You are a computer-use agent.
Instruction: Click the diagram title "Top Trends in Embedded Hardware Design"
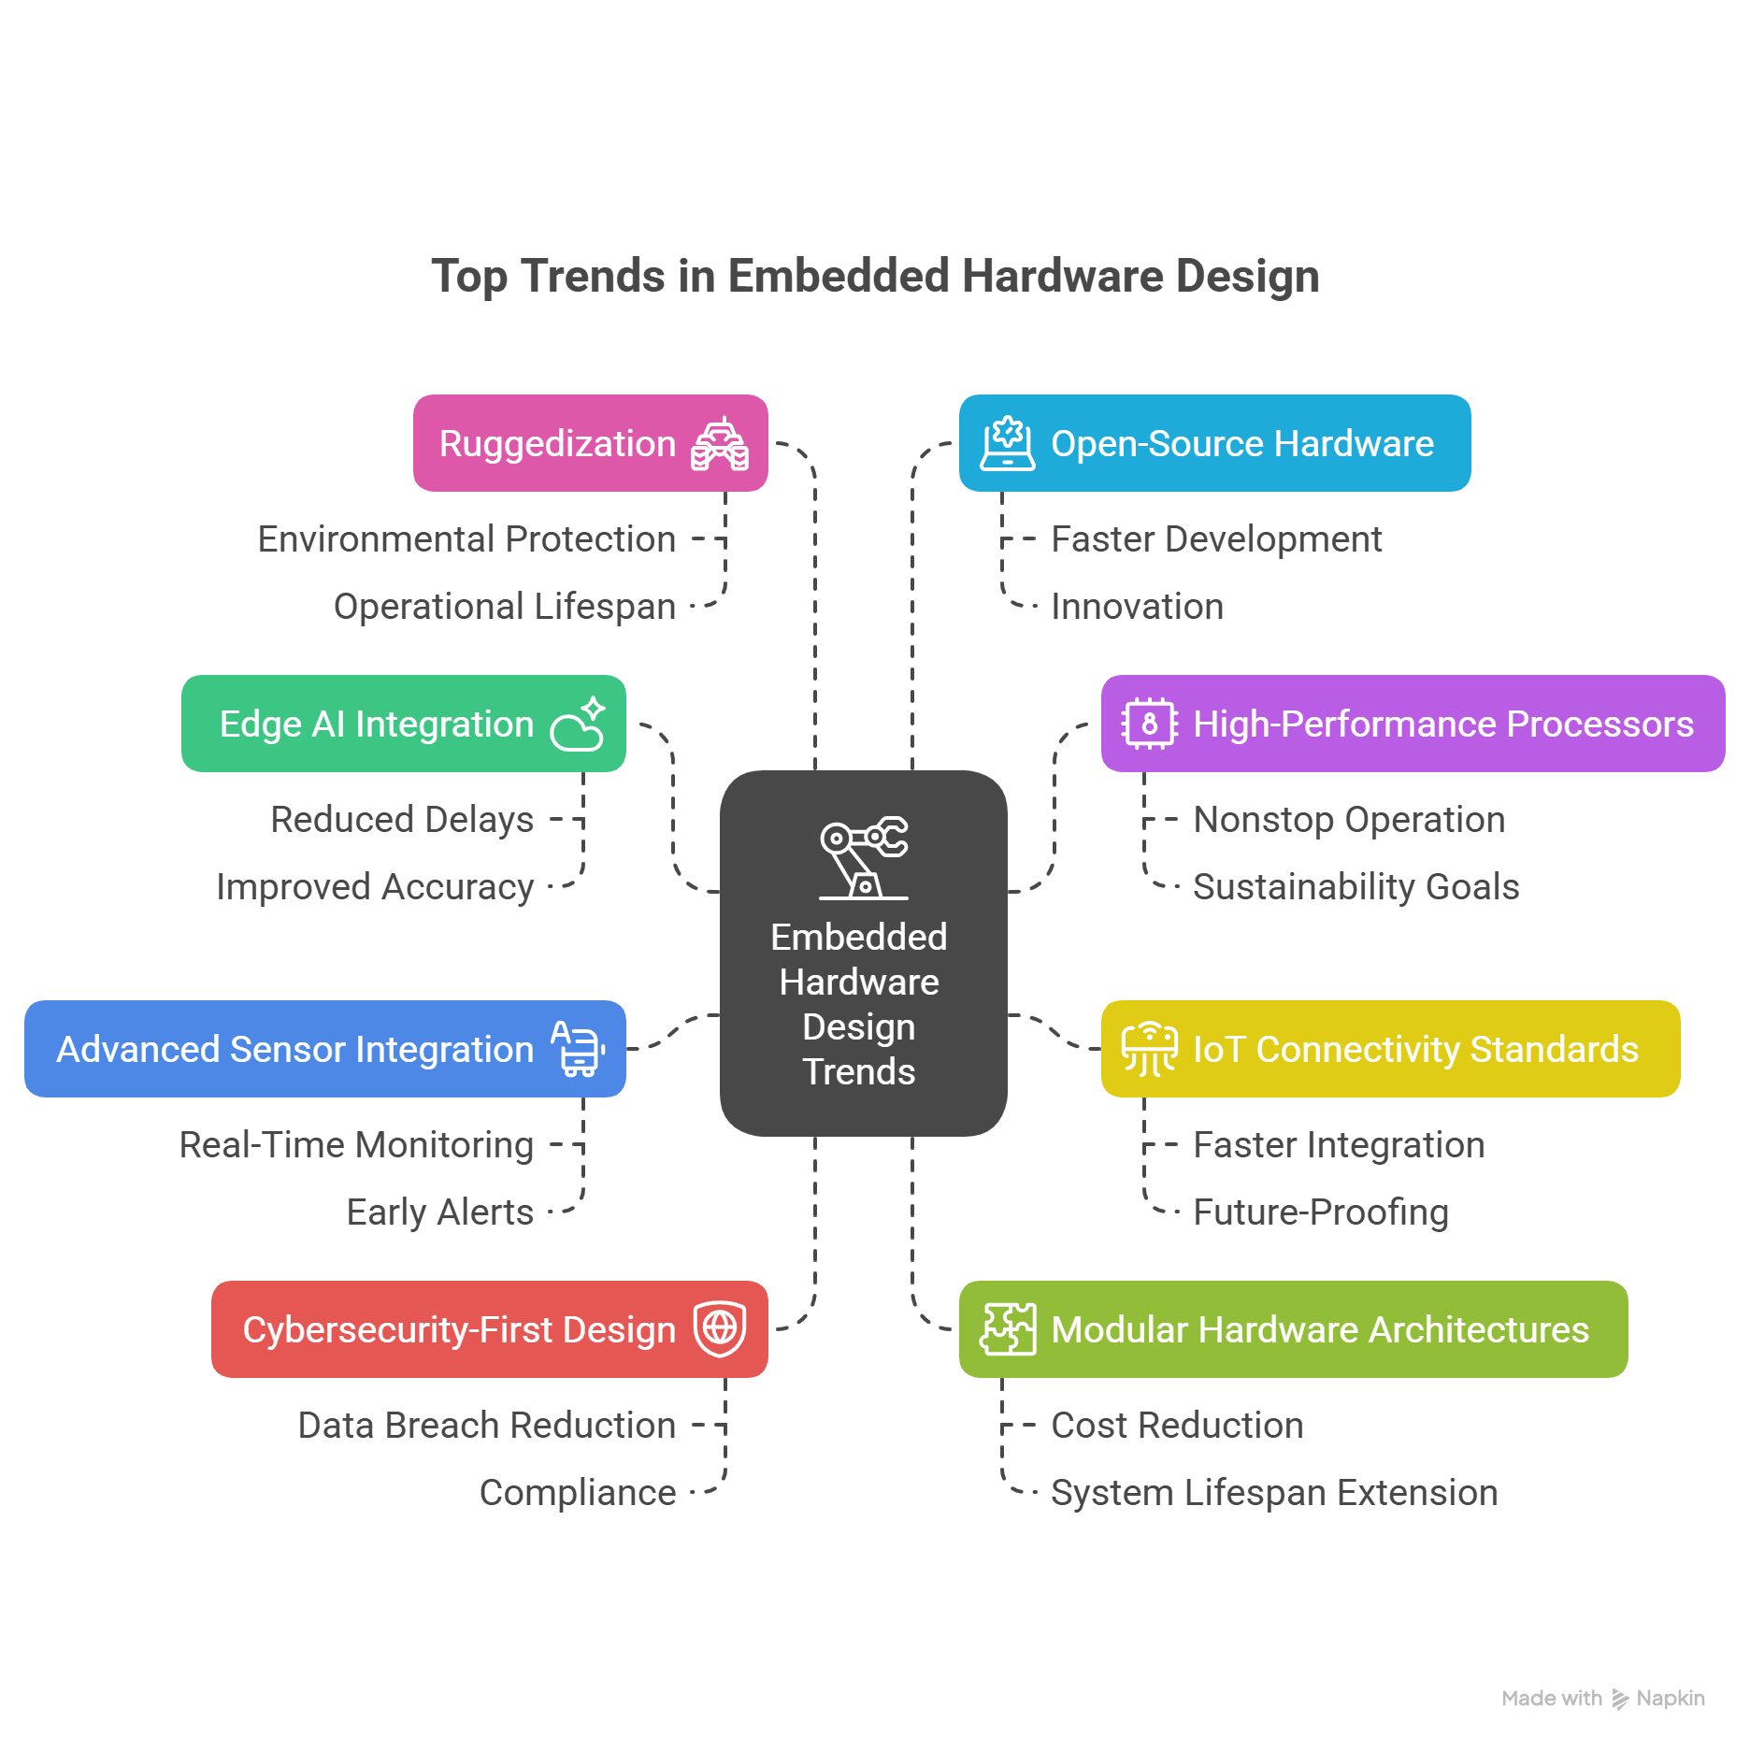[x=875, y=277]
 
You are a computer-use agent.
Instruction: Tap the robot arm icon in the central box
[x=864, y=857]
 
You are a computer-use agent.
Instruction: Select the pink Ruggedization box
[x=590, y=443]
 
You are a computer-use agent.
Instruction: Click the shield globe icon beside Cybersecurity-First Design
[x=720, y=1327]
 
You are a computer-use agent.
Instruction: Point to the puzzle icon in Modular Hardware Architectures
[x=1008, y=1328]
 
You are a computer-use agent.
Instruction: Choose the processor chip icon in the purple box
[x=1149, y=724]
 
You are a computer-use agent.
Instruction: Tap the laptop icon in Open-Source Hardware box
[x=1008, y=443]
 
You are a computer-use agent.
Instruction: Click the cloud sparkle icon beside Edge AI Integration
[x=579, y=724]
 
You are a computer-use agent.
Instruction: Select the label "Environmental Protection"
[x=466, y=539]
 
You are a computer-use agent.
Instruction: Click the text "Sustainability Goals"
[x=1356, y=887]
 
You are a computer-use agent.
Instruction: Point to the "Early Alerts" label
[x=439, y=1212]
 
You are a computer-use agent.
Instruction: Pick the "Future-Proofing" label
[x=1320, y=1212]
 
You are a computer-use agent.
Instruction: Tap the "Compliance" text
[x=577, y=1493]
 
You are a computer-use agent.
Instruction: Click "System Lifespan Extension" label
[x=1273, y=1493]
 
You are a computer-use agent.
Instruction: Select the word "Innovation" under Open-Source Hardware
[x=1137, y=607]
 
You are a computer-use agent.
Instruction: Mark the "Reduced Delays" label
[x=402, y=820]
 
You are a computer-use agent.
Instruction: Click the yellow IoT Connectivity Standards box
[x=1390, y=1049]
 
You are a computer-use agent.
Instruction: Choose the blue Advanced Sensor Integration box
[x=324, y=1049]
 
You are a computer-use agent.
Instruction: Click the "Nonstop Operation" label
[x=1349, y=820]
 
